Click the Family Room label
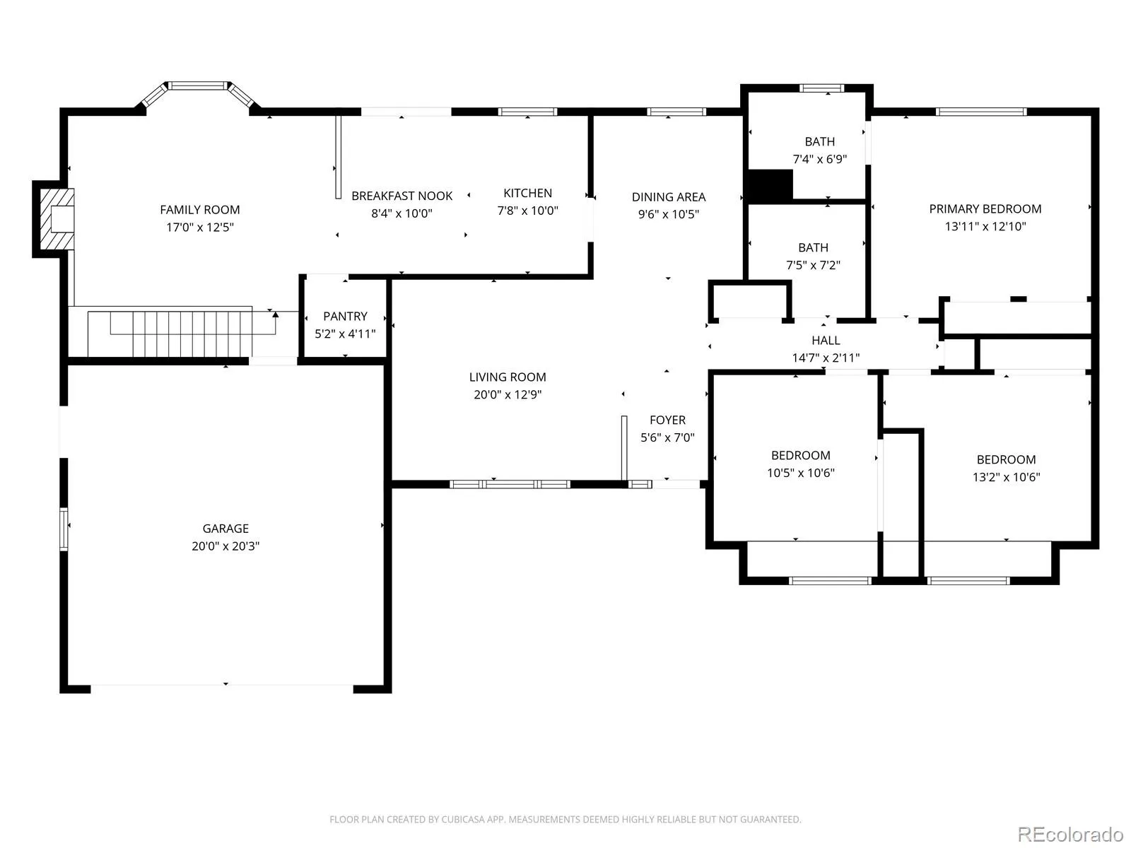click(200, 210)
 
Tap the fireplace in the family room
click(57, 219)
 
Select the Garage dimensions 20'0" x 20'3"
click(225, 546)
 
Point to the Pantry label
click(345, 316)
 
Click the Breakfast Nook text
click(402, 196)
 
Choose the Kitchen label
click(527, 193)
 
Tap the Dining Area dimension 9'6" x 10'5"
click(669, 214)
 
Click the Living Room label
click(508, 377)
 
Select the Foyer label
click(667, 420)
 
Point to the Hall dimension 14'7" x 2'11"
click(826, 358)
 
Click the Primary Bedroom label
click(985, 209)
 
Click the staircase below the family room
click(170, 334)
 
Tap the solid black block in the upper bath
click(770, 185)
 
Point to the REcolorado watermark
click(1070, 834)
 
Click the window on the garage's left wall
click(64, 529)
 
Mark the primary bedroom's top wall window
click(981, 112)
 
